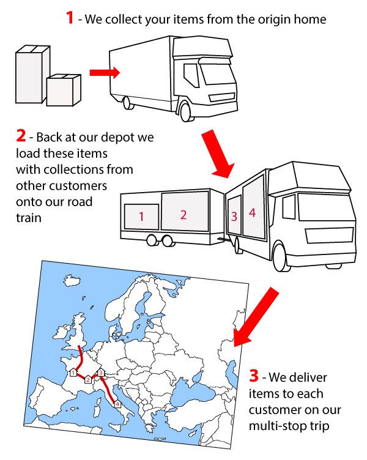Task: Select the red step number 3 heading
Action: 256,373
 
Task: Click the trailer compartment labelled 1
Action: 141,216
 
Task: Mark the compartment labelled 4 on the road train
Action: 252,212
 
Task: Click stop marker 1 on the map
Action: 73,373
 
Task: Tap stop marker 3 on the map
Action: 101,373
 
